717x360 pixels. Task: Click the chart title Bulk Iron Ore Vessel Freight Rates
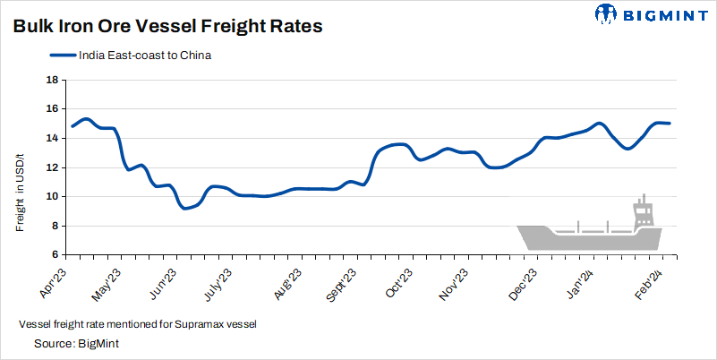[167, 27]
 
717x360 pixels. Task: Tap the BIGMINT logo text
[664, 14]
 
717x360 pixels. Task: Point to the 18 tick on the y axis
[52, 80]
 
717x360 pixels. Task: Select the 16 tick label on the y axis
[52, 108]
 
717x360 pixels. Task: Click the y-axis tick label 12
[52, 167]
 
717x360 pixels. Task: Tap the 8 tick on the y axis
[55, 226]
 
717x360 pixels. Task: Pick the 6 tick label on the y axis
[55, 255]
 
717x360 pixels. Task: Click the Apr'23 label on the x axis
[55, 280]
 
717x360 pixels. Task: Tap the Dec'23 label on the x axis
[523, 280]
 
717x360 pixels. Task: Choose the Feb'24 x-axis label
[649, 280]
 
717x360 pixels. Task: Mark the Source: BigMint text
[77, 343]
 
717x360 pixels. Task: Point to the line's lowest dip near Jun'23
[185, 208]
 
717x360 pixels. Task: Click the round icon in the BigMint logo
[606, 14]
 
